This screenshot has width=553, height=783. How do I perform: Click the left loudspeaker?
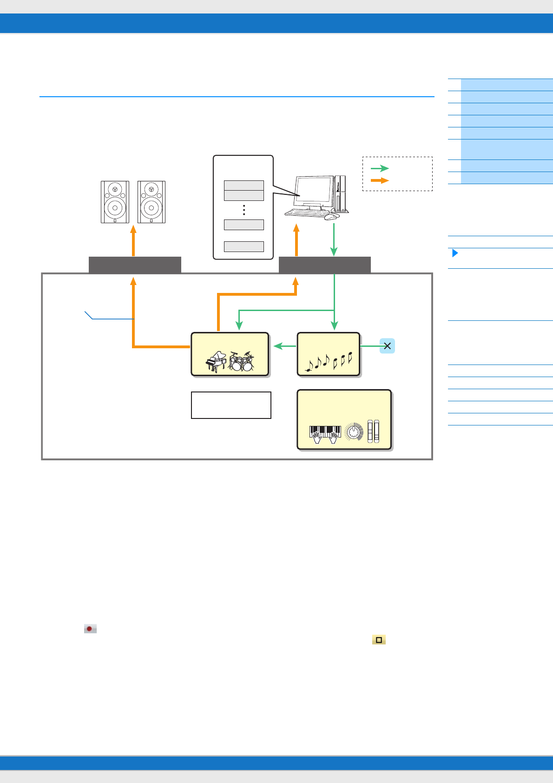coord(115,202)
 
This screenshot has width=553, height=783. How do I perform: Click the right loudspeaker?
coord(151,202)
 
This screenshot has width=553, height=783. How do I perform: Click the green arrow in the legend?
coord(380,168)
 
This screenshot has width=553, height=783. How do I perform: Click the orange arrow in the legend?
coord(380,180)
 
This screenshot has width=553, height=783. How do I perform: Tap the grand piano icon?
coord(216,362)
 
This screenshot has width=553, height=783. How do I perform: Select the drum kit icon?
coord(242,362)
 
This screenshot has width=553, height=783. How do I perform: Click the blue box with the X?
coord(387,346)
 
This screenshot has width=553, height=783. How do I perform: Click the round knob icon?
coord(354,432)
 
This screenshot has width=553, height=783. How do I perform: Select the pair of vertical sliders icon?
coord(373,431)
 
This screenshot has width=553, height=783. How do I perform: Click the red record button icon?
coord(90,629)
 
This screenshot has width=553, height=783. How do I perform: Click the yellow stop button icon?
coord(379,640)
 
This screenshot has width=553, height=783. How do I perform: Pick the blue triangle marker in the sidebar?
coord(455,253)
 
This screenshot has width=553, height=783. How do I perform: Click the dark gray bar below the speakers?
coord(135,265)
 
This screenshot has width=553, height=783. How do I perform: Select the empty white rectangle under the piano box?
coord(231,405)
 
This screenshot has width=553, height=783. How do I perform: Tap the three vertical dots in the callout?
coord(244,210)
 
